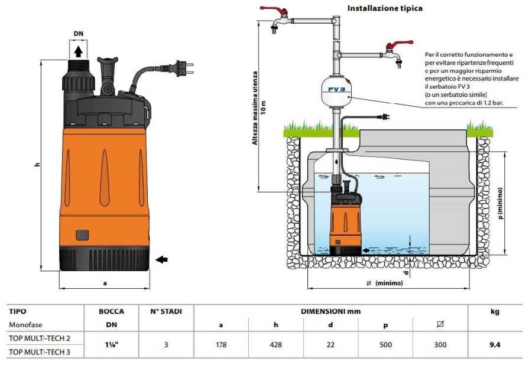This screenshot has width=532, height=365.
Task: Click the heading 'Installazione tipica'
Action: (x=385, y=8)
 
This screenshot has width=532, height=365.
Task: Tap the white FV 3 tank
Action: (x=336, y=90)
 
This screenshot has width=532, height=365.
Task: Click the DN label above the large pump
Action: (x=79, y=34)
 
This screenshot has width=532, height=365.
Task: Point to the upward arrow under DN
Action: (x=79, y=51)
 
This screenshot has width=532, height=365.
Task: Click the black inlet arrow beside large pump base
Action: (x=161, y=260)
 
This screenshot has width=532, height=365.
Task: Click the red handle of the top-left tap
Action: (x=274, y=11)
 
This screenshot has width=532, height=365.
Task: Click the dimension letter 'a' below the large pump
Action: (x=105, y=283)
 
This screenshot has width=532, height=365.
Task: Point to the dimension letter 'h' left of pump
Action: (x=37, y=165)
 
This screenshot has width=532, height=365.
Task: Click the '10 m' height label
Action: (x=264, y=107)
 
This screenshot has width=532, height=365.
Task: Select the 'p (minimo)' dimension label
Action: (x=501, y=203)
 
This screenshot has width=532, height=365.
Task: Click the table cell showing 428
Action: (x=275, y=345)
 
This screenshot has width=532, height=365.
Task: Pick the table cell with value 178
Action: (x=221, y=345)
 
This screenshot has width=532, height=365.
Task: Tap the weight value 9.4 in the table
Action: (x=495, y=345)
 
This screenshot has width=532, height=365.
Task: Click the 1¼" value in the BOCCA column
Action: (x=111, y=345)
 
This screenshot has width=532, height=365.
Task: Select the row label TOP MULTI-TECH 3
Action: (x=40, y=352)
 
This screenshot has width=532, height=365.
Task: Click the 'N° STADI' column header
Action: (x=166, y=311)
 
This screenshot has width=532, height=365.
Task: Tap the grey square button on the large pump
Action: (x=82, y=235)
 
